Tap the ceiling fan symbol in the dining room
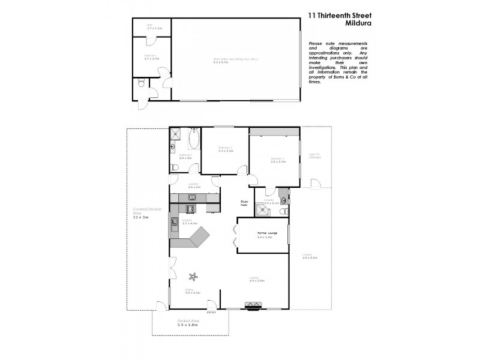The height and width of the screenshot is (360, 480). pos(193,277)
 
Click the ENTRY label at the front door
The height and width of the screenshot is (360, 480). pos(211,312)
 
